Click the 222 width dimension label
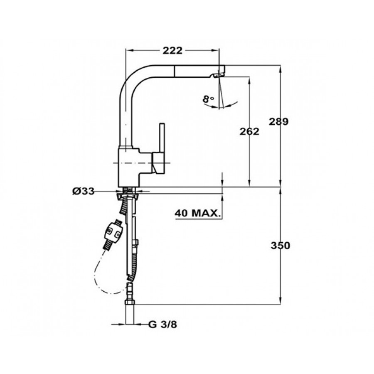coord(172,50)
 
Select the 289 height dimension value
coord(278,122)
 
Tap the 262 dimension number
coord(249,131)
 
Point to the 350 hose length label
coord(280,246)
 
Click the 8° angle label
coord(208,98)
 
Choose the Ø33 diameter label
coord(84,191)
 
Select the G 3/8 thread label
coord(162,325)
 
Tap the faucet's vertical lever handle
coord(162,138)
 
